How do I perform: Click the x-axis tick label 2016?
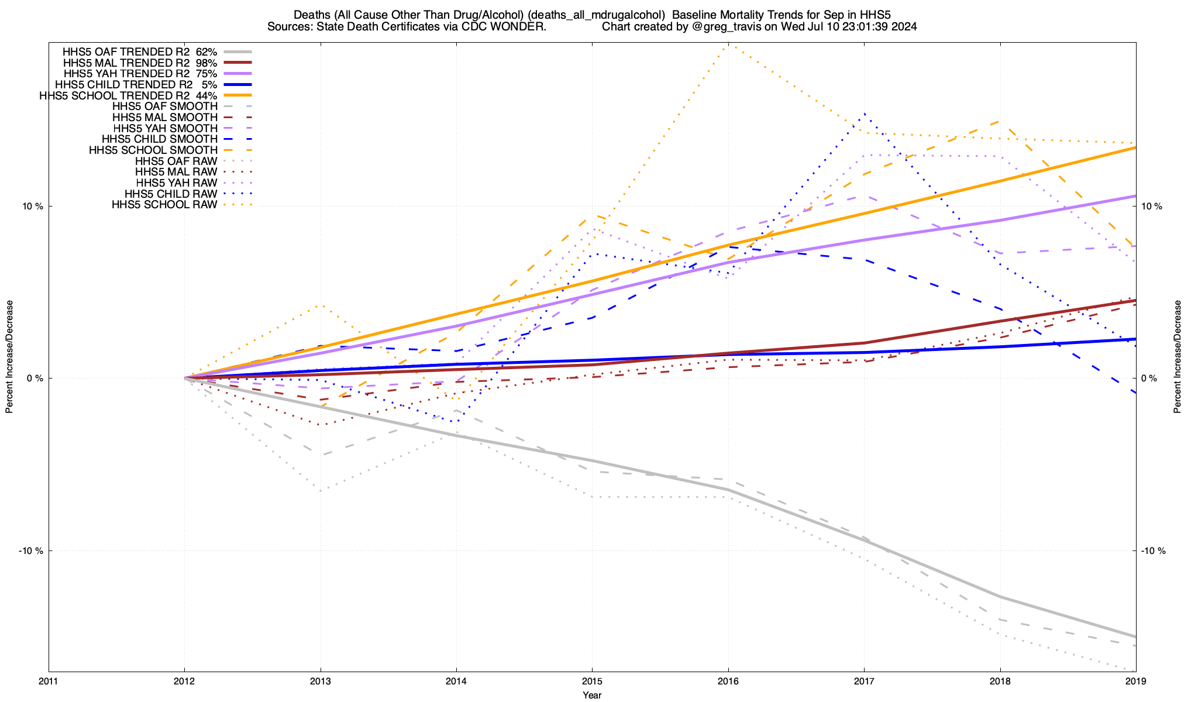pyautogui.click(x=728, y=681)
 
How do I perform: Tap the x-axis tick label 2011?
pyautogui.click(x=49, y=681)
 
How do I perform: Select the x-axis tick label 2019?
pyautogui.click(x=1135, y=681)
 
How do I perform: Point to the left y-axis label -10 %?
pyautogui.click(x=31, y=550)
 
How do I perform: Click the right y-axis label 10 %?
pyautogui.click(x=1149, y=207)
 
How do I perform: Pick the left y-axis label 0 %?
pyautogui.click(x=35, y=378)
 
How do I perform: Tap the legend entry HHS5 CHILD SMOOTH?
pyautogui.click(x=159, y=139)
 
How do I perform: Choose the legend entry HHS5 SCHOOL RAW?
pyautogui.click(x=164, y=205)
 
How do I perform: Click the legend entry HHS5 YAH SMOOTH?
pyautogui.click(x=165, y=128)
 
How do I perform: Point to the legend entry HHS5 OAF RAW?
pyautogui.click(x=176, y=161)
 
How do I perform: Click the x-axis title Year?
pyautogui.click(x=592, y=695)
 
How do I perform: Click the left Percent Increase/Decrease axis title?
pyautogui.click(x=9, y=357)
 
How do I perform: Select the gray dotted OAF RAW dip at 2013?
pyautogui.click(x=321, y=490)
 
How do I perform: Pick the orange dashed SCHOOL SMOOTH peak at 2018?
pyautogui.click(x=1000, y=121)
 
